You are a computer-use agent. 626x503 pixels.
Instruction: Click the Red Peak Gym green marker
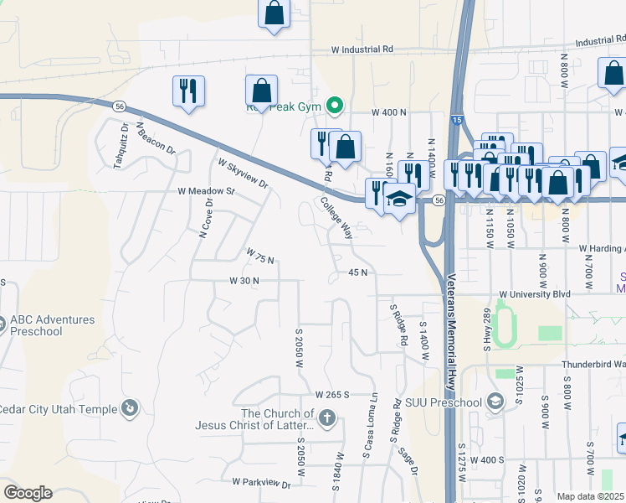tap(335, 105)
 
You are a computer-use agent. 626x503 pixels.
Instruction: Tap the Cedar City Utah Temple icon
tap(130, 408)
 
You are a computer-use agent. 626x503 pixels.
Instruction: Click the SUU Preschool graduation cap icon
tap(496, 402)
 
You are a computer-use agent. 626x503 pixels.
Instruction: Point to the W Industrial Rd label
tap(362, 49)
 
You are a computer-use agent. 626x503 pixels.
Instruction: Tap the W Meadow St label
tap(207, 191)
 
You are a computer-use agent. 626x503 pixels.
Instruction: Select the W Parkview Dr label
tap(261, 483)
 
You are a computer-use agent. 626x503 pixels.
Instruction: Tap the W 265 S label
tap(331, 394)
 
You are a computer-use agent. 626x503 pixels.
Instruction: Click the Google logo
tap(28, 493)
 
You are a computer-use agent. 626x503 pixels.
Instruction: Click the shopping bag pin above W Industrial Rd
tap(275, 13)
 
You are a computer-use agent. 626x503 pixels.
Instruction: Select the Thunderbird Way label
tap(593, 365)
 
